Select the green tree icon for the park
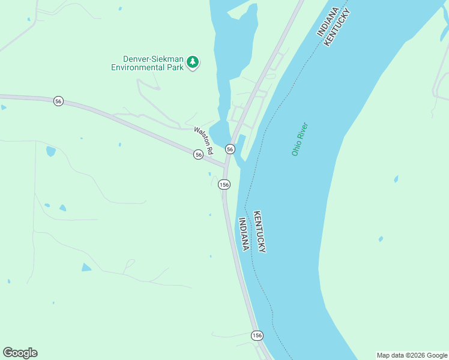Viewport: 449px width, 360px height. [x=192, y=62]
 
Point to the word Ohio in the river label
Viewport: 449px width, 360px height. [x=296, y=148]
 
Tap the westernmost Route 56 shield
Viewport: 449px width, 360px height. [x=58, y=101]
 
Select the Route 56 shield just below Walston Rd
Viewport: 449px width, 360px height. [x=198, y=155]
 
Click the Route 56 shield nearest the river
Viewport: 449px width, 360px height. [x=230, y=149]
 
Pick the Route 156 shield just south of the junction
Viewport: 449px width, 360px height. [x=224, y=185]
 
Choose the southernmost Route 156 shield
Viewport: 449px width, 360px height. [x=257, y=335]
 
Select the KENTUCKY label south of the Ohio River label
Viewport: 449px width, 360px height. [x=259, y=231]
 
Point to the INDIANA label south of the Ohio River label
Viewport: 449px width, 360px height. [x=244, y=234]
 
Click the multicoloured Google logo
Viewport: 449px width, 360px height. [x=20, y=353]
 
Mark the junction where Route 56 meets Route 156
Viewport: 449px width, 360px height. [x=226, y=166]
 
